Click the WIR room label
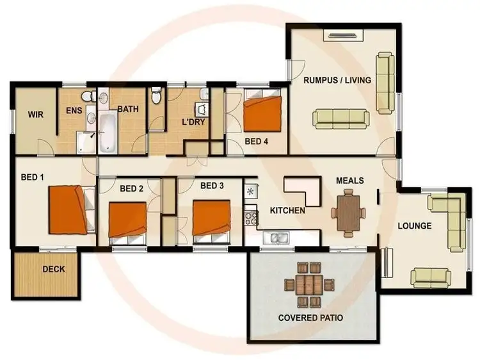(x=34, y=116)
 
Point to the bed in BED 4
(x=262, y=111)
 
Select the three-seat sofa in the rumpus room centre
(x=340, y=118)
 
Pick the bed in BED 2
(x=127, y=220)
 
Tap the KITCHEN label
(x=287, y=210)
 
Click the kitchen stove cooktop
(x=250, y=211)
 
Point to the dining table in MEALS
(x=349, y=211)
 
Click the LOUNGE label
(x=414, y=226)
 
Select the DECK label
(x=54, y=269)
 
